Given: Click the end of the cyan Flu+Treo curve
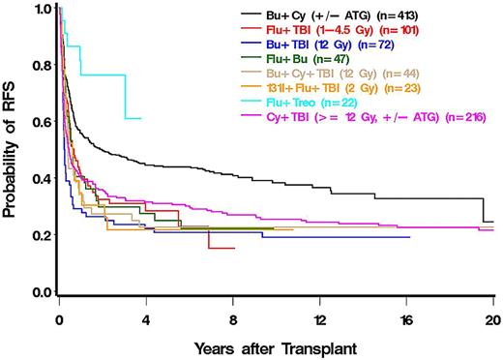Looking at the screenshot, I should (x=141, y=118).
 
